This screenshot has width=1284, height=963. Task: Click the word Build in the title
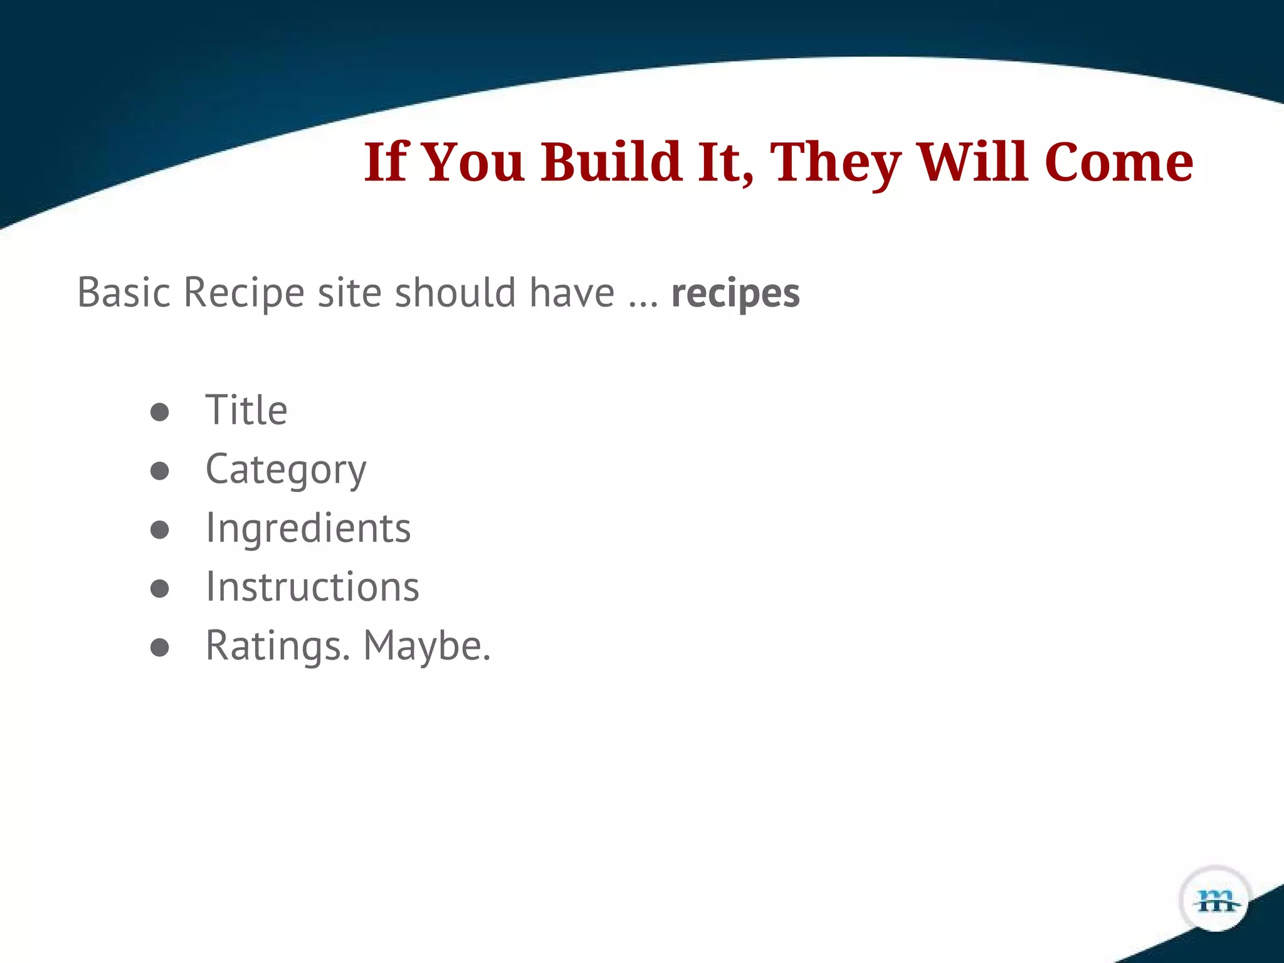(x=611, y=162)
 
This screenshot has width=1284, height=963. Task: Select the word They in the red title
(x=835, y=162)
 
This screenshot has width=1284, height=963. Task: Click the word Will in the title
(x=972, y=162)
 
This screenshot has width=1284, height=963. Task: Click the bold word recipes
(x=735, y=293)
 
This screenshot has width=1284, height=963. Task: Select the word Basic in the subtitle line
(x=124, y=292)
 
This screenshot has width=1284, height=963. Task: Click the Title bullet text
(x=246, y=410)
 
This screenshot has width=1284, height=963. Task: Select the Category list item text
(x=286, y=470)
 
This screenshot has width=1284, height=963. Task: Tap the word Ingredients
(x=308, y=528)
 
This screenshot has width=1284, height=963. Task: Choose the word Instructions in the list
(x=312, y=587)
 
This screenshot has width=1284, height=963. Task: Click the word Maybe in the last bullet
(x=426, y=646)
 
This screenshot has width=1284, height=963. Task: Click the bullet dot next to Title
(x=160, y=412)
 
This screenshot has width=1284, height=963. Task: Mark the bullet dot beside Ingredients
(x=160, y=530)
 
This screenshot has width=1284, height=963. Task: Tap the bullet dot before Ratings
(x=160, y=648)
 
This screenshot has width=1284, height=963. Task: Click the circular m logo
(x=1215, y=900)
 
